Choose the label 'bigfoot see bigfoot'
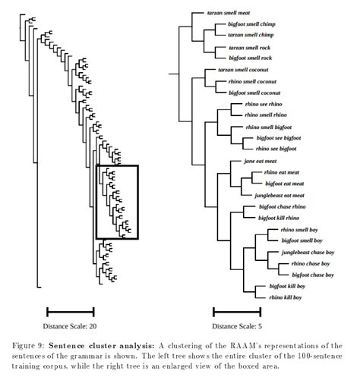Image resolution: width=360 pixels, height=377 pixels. (284, 138)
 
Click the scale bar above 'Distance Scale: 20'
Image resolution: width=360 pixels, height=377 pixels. (71, 311)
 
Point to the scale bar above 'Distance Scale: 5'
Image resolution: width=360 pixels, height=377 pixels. (235, 311)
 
